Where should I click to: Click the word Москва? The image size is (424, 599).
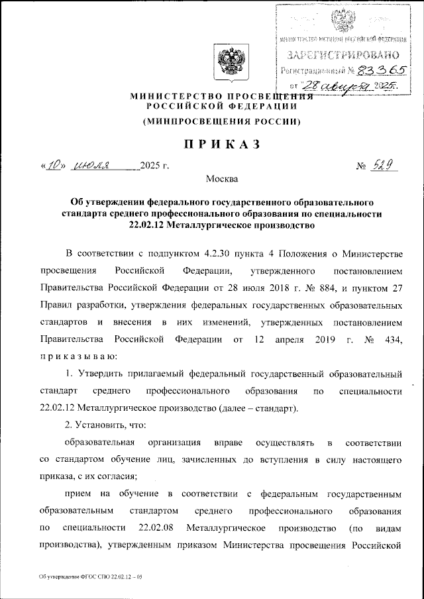(223, 179)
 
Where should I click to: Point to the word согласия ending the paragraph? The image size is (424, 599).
(117, 476)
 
